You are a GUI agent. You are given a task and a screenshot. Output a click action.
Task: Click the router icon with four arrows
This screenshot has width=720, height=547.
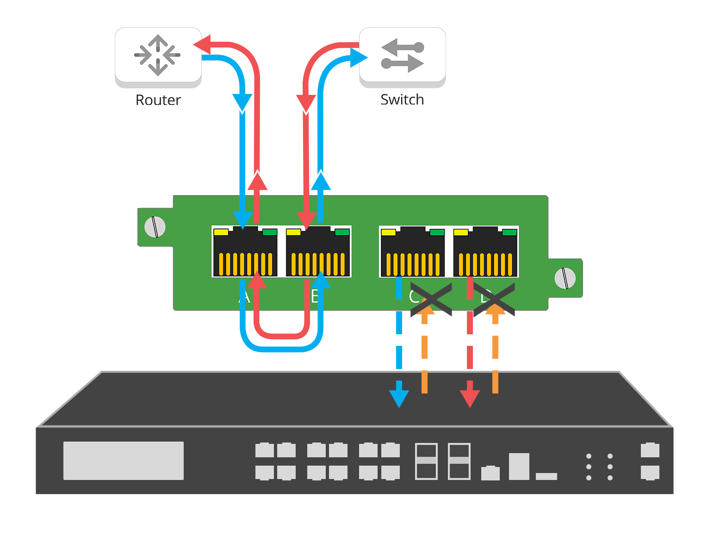click(158, 55)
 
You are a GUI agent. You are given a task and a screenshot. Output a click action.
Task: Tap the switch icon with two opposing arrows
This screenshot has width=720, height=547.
click(402, 55)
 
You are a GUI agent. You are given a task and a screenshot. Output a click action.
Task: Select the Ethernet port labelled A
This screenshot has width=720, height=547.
click(245, 252)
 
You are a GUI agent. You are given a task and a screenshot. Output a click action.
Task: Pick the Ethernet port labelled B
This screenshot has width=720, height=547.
click(318, 252)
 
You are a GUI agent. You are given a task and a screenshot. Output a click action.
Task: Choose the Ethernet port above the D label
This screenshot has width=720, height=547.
click(485, 252)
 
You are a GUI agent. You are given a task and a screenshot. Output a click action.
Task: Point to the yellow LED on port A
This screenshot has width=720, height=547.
click(221, 232)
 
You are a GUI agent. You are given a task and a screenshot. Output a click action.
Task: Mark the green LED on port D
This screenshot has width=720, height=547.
click(509, 232)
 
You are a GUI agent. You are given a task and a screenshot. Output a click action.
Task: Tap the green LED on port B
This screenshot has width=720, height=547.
click(342, 232)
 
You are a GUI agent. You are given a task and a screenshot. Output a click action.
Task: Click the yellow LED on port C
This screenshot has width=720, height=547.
click(388, 232)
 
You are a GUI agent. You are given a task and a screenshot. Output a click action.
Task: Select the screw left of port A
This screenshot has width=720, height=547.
click(155, 227)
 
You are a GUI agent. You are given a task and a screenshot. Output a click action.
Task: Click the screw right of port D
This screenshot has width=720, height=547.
click(565, 278)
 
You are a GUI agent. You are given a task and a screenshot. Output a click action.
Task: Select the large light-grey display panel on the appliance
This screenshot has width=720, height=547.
click(124, 461)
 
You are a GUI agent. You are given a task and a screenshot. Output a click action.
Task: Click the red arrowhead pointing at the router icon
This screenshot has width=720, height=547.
click(198, 44)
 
